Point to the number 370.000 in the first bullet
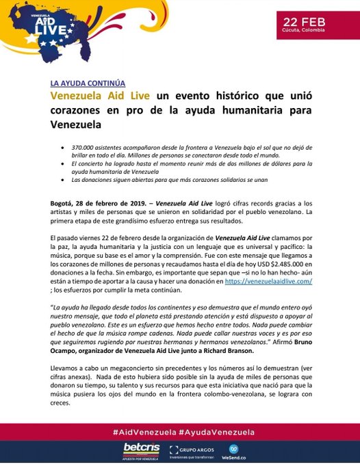pyautogui.click(x=94, y=147)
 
